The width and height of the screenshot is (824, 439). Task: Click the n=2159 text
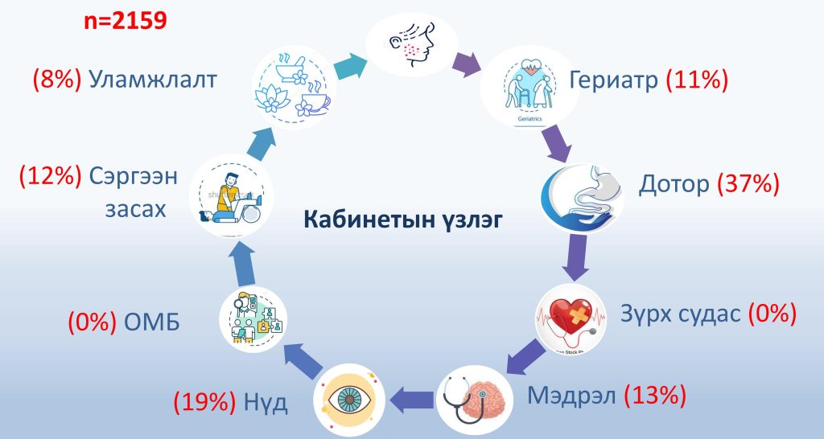[x=125, y=21]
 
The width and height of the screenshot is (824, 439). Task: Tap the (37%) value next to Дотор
[x=748, y=184]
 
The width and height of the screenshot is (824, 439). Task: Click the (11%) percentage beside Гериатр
[x=697, y=80]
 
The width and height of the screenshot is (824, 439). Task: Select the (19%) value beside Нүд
[x=205, y=403]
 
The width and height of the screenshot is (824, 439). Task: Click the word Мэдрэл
[x=571, y=395]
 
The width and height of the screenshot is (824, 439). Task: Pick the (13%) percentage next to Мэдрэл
[x=655, y=395]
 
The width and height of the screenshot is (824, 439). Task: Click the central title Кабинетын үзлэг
[x=403, y=219]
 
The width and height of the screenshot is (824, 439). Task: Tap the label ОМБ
[x=152, y=322]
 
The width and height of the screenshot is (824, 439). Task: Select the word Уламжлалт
[x=153, y=80]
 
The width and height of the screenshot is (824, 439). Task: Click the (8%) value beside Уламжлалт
[x=57, y=80]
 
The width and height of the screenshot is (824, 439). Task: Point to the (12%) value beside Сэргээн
[x=51, y=176]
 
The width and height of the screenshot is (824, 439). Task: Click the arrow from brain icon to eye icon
[x=411, y=399]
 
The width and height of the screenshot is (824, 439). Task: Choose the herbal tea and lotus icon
[x=293, y=87]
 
